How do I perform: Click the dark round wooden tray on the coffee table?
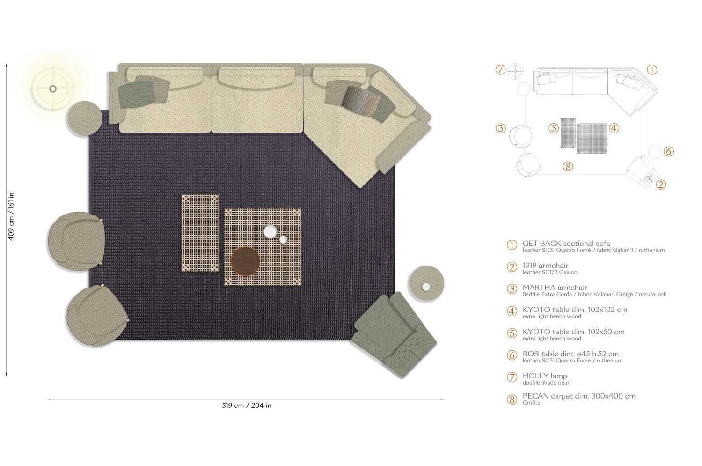[x=245, y=261]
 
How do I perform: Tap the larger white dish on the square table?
[x=270, y=231]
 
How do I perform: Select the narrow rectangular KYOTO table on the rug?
[x=200, y=233]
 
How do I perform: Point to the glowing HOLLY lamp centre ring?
[x=53, y=89]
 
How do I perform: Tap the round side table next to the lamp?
[x=84, y=118]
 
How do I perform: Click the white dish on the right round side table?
[x=426, y=287]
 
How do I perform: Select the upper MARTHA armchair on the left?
[x=76, y=241]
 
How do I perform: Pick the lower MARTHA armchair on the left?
[x=96, y=316]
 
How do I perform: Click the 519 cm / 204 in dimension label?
[x=247, y=406]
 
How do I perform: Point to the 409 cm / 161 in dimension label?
[x=11, y=216]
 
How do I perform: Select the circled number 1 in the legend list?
[x=512, y=245]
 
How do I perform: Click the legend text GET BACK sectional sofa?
[x=566, y=244]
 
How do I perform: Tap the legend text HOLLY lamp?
[x=544, y=376]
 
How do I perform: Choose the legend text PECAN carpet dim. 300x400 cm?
[x=578, y=396]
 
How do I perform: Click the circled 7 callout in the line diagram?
[x=501, y=70]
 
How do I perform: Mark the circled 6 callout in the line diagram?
[x=669, y=151]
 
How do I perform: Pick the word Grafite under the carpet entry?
[x=531, y=403]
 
